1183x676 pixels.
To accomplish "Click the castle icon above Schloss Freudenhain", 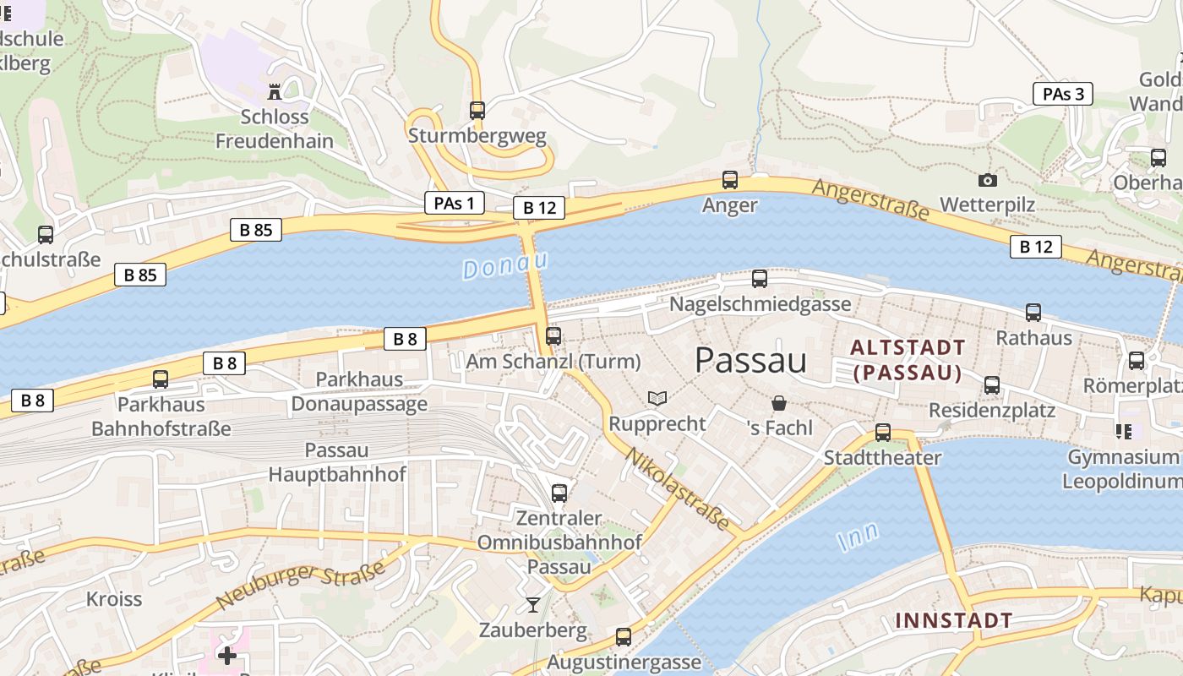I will click(x=275, y=90).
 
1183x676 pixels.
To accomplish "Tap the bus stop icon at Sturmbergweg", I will click(x=477, y=110).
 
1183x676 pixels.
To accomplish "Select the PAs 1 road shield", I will click(x=455, y=203).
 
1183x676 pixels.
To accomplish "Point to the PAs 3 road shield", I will click(x=1062, y=94).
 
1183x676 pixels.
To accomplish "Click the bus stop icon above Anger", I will click(x=730, y=179).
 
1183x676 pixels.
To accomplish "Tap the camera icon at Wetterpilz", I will click(x=987, y=180).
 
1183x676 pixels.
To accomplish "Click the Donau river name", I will click(x=505, y=265).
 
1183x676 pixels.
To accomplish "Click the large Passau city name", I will click(x=750, y=361).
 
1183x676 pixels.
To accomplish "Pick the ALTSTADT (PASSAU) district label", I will click(x=908, y=360).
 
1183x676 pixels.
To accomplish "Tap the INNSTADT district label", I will click(x=953, y=620).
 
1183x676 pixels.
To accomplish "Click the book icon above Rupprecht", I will click(x=657, y=398).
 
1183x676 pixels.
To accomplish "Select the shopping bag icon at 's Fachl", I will click(x=779, y=403).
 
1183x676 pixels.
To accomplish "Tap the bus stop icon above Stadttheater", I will click(x=883, y=432).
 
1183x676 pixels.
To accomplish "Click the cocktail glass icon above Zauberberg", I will click(x=532, y=604).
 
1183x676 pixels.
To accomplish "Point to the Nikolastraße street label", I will click(x=679, y=489).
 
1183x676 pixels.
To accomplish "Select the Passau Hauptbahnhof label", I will click(x=337, y=462).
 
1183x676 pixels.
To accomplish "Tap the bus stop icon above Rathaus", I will click(x=1033, y=313).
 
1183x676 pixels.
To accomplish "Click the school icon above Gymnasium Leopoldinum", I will click(x=1123, y=432).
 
